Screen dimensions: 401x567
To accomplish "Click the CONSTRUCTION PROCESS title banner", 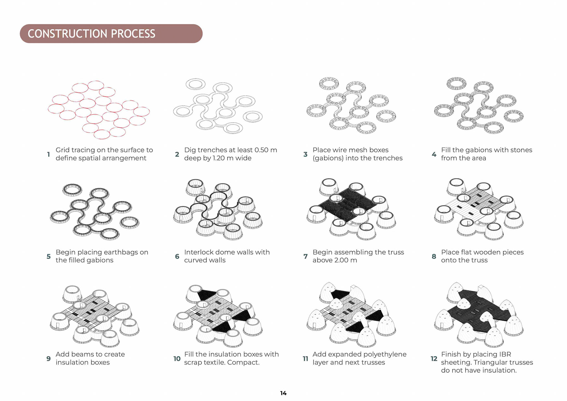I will pyautogui.click(x=111, y=34).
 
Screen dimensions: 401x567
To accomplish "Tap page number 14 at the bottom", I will pyautogui.click(x=283, y=393).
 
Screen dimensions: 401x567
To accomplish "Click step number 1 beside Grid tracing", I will pyautogui.click(x=48, y=154).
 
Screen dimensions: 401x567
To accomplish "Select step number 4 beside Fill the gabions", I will pyautogui.click(x=434, y=154).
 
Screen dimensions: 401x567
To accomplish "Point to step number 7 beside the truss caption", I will pyautogui.click(x=305, y=256).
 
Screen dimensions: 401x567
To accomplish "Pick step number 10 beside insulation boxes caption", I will pyautogui.click(x=177, y=359).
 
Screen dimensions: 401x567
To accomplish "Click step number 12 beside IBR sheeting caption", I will pyautogui.click(x=434, y=359).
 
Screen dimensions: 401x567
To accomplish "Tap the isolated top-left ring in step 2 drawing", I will pyautogui.click(x=195, y=84).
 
